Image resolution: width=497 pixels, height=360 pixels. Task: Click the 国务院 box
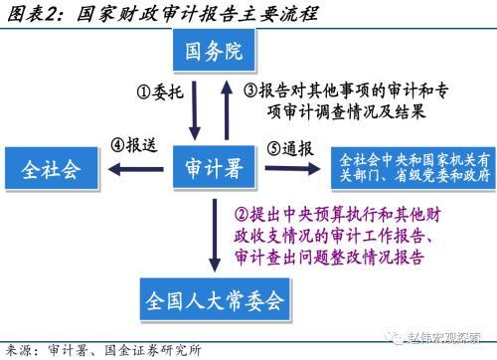214,51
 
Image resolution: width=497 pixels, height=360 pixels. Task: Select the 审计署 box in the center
214,167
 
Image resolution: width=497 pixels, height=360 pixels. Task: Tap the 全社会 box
52,169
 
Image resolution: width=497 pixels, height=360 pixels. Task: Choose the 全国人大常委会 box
215,299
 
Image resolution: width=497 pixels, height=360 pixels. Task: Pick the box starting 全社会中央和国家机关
414,168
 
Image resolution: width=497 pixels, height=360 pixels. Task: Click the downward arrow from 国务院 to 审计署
195,110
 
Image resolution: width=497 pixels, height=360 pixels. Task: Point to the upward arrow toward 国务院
227,110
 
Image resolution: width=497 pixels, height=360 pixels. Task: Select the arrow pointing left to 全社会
136,169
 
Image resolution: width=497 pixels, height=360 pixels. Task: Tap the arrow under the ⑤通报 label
292,168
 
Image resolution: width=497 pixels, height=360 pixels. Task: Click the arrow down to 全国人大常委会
215,236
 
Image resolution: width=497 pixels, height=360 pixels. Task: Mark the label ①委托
160,91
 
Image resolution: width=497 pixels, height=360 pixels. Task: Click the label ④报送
133,145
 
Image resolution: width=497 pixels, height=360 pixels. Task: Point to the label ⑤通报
290,148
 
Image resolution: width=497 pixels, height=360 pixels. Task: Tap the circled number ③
250,90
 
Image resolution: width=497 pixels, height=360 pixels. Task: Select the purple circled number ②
242,215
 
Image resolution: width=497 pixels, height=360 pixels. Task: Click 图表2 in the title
32,14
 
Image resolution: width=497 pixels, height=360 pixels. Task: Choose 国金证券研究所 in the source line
153,350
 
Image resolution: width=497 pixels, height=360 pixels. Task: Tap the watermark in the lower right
436,337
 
